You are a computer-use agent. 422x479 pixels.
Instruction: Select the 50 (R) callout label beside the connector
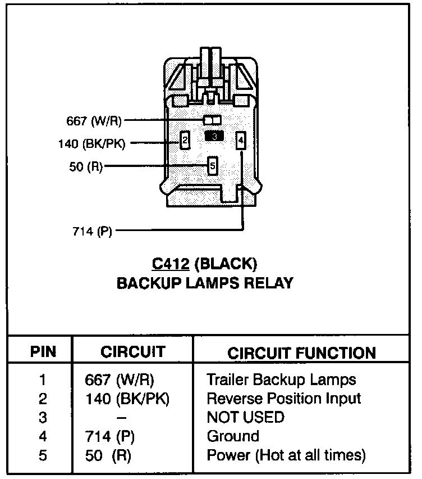click(x=86, y=167)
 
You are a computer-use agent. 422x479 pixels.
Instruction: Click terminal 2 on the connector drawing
click(x=184, y=139)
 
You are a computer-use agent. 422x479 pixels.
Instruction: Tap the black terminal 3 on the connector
click(x=214, y=135)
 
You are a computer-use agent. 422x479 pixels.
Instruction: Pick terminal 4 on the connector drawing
click(x=241, y=140)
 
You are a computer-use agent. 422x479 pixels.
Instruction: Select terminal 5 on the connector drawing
click(x=212, y=165)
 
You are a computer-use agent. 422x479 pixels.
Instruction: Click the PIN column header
click(x=43, y=352)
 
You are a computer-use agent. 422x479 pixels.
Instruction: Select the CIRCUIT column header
click(x=133, y=352)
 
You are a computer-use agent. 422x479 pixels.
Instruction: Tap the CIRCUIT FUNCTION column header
click(x=301, y=353)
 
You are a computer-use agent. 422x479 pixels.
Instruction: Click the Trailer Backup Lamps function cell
click(x=281, y=379)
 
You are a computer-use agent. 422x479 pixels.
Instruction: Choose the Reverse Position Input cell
click(x=284, y=399)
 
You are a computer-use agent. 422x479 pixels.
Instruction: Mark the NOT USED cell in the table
click(x=245, y=417)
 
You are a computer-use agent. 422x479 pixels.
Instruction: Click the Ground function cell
click(x=233, y=436)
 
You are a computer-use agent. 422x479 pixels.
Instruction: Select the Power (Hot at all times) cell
click(x=286, y=455)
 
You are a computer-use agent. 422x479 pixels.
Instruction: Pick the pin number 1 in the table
click(x=43, y=380)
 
